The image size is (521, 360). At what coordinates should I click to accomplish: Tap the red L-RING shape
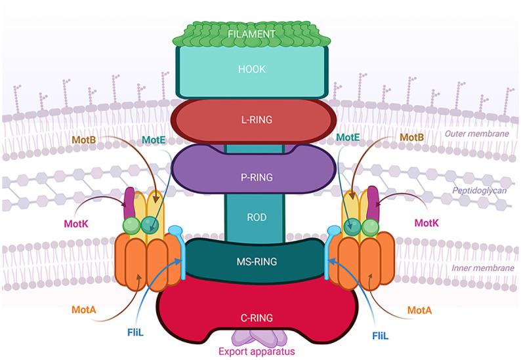[x=261, y=120]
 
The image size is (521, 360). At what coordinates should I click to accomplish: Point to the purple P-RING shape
[x=261, y=176]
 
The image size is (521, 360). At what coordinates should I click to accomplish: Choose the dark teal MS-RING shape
[x=261, y=262]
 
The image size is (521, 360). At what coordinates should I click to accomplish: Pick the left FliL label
[x=136, y=332]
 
